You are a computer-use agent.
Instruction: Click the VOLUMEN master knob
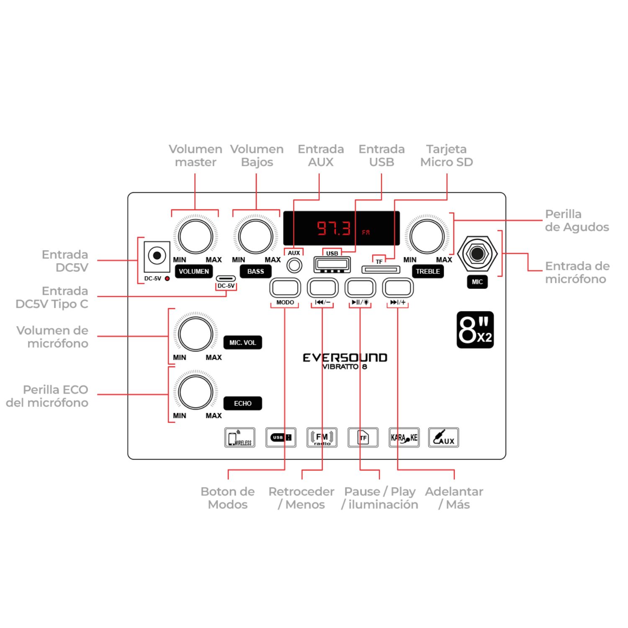(x=196, y=236)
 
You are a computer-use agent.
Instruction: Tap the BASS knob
(x=256, y=236)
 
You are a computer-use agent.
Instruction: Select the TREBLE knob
(x=427, y=236)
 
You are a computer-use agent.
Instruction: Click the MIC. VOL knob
(x=196, y=334)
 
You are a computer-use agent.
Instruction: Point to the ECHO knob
(x=196, y=392)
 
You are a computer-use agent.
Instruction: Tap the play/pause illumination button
(x=360, y=288)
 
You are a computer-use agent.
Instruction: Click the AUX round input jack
(x=294, y=265)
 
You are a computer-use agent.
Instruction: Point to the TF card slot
(x=381, y=269)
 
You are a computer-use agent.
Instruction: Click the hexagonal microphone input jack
(x=477, y=253)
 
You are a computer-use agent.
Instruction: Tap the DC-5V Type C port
(x=226, y=278)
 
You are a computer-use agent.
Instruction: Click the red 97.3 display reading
(x=333, y=228)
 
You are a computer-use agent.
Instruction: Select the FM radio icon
(x=322, y=438)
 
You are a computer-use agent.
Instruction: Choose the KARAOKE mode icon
(x=404, y=438)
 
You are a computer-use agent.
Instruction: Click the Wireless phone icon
(x=240, y=438)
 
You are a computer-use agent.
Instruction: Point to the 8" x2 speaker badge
(x=475, y=330)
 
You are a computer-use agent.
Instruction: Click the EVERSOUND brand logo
(x=345, y=358)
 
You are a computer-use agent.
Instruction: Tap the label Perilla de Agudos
(x=577, y=221)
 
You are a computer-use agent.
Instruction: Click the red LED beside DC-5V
(x=167, y=278)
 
